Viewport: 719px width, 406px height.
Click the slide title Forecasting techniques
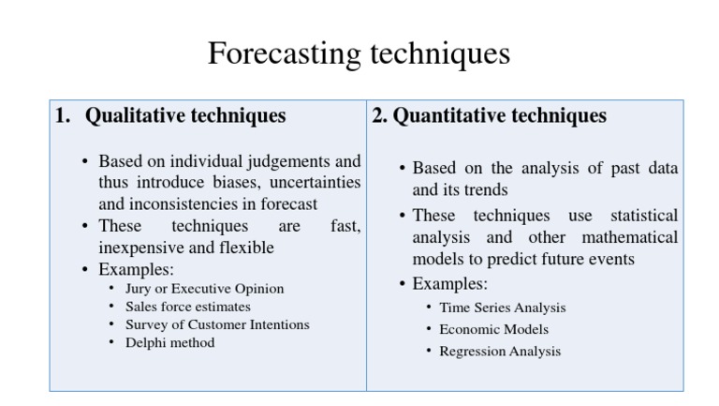tap(359, 53)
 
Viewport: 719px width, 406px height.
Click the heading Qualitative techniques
tap(185, 116)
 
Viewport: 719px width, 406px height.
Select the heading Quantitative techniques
tap(499, 116)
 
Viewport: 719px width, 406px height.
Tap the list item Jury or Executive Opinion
tap(204, 289)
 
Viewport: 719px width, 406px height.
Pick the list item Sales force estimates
tap(187, 307)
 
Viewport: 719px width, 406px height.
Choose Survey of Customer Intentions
tap(217, 324)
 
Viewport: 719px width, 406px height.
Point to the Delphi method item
tap(169, 343)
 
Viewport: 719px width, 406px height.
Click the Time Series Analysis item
tap(502, 308)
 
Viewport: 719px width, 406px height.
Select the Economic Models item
tap(493, 329)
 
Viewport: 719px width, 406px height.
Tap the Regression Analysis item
tap(500, 352)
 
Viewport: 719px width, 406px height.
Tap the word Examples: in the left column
tap(136, 269)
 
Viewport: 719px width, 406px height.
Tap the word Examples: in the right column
tap(449, 283)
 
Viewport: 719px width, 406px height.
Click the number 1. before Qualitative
tap(62, 116)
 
